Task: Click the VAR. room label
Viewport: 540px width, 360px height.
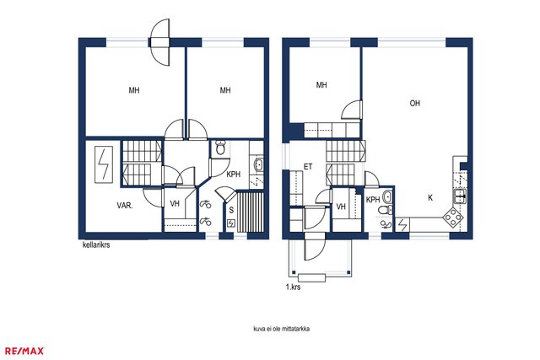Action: [125, 206]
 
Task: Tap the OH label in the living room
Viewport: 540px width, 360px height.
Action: [414, 103]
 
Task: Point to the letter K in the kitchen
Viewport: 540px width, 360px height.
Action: [430, 198]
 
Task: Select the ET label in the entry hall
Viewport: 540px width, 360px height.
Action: [308, 167]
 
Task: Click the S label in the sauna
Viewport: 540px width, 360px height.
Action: [231, 210]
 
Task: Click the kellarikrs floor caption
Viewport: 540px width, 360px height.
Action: [96, 245]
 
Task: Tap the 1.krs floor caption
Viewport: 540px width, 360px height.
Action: [293, 287]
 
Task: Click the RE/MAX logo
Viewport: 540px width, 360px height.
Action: [24, 351]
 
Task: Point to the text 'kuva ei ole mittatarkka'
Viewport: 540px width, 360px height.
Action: [281, 329]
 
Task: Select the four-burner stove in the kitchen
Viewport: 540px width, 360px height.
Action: [452, 218]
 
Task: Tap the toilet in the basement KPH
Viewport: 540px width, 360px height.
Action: [219, 148]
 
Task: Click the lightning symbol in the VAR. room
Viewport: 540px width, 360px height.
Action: [103, 164]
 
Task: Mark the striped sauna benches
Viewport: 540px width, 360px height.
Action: [251, 212]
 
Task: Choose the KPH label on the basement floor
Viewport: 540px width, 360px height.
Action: [234, 175]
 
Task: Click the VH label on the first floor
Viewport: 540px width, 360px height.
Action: [341, 207]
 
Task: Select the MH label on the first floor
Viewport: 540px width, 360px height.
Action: [321, 85]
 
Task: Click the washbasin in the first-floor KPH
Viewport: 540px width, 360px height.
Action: [387, 196]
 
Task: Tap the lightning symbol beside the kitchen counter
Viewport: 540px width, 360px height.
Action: [402, 225]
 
